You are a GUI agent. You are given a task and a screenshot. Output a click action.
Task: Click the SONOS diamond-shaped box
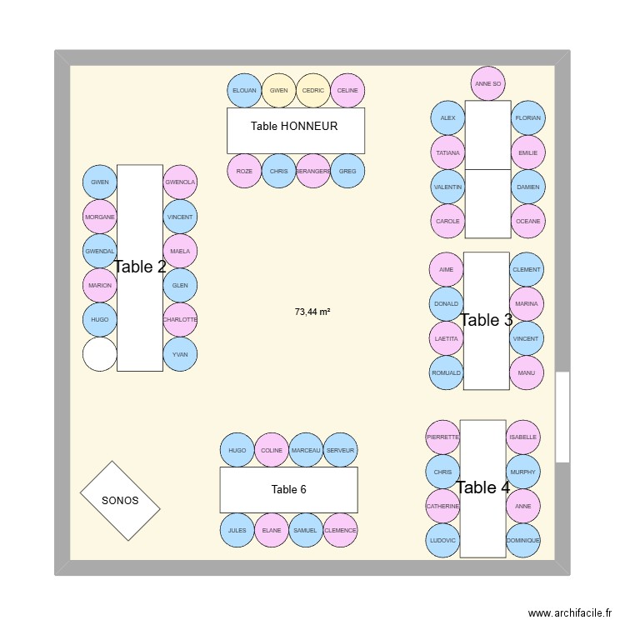[120, 500]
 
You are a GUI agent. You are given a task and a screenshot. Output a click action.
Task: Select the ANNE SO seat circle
[487, 83]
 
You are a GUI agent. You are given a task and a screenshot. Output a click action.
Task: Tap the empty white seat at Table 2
[100, 354]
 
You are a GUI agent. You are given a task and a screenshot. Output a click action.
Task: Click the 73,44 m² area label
[312, 312]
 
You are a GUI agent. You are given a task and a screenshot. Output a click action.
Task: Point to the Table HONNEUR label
[294, 127]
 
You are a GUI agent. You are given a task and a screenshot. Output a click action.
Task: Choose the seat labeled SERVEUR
[340, 450]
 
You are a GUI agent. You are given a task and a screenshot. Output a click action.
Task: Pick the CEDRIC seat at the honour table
[313, 90]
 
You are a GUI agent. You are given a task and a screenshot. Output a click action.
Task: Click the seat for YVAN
[180, 354]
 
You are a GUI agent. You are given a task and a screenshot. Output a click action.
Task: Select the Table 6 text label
[288, 489]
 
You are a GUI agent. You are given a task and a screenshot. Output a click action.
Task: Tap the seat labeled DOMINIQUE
[523, 540]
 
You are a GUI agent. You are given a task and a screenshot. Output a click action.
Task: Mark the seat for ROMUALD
[447, 372]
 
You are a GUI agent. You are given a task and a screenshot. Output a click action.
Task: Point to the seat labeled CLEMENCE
[340, 530]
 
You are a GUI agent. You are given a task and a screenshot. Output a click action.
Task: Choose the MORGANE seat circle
[100, 217]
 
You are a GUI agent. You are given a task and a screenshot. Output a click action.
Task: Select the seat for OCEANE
[528, 221]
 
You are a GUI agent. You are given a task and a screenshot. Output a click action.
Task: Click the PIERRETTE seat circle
[442, 437]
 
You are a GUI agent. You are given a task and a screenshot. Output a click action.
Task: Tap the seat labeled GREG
[347, 171]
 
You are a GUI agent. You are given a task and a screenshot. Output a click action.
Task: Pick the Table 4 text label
[482, 487]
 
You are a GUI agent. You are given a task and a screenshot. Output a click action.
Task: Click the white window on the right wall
[562, 417]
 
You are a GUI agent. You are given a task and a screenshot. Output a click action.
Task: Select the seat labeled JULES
[237, 530]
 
